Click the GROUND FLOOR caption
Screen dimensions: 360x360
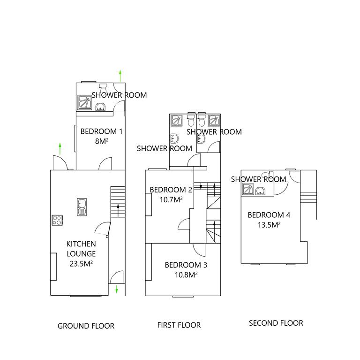point(86,326)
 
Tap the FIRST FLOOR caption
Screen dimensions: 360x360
point(179,325)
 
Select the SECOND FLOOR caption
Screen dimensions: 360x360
point(276,323)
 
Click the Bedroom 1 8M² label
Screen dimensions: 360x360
point(101,136)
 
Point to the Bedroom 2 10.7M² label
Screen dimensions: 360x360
point(171,195)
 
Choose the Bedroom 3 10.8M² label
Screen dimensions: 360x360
point(186,269)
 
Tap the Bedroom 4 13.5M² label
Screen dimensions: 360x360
point(269,220)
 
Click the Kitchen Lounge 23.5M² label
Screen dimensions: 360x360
point(81,253)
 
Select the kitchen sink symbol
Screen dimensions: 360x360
point(82,207)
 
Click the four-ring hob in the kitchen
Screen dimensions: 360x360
point(57,220)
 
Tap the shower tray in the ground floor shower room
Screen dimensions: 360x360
point(85,102)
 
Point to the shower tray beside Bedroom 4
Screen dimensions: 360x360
point(247,190)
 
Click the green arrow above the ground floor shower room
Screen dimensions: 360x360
point(120,75)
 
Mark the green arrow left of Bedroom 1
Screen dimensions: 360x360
point(60,149)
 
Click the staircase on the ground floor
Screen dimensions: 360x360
point(117,202)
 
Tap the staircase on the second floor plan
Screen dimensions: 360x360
point(309,195)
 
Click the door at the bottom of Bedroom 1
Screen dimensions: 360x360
point(105,164)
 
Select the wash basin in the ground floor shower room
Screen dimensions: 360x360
point(100,108)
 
